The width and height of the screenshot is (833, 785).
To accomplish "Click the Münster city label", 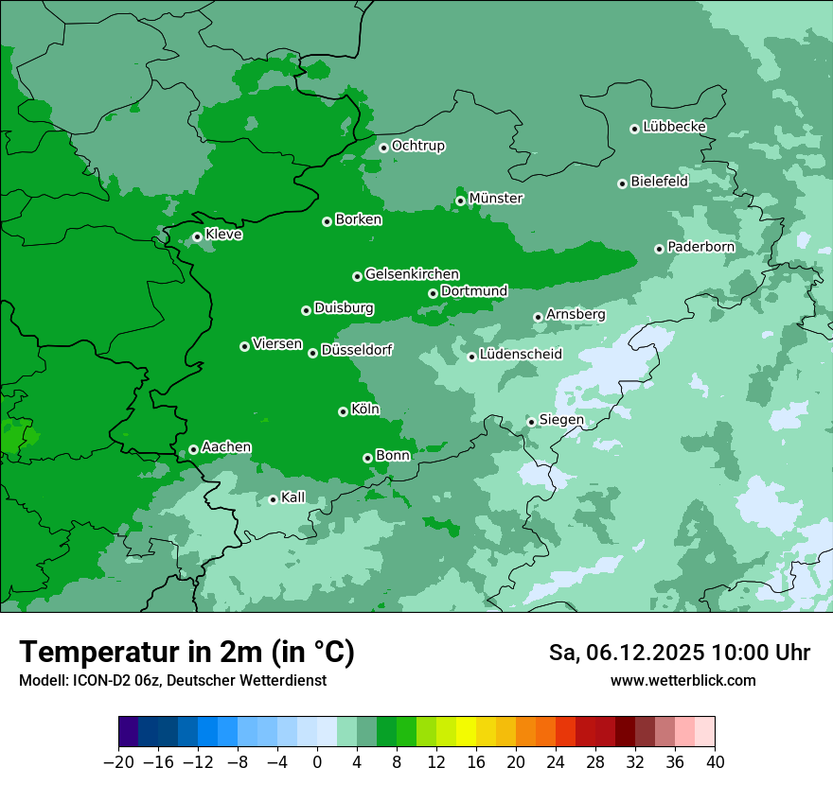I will coord(495,199).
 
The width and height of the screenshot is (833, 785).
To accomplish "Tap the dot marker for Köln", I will coord(343,411).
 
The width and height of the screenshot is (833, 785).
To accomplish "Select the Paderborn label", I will coord(700,247).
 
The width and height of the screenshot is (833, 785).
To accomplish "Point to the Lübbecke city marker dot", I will coord(634,129).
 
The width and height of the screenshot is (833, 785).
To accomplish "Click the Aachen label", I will coord(226,447).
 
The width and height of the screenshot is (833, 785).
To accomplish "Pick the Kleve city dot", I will coord(197,236).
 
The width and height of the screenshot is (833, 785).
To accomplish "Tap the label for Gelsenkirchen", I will coord(412,274).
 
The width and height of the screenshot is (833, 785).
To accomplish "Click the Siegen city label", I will coord(561,420).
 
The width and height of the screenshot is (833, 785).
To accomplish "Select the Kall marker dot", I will coord(273,499).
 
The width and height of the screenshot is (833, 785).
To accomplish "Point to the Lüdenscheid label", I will coord(521,355).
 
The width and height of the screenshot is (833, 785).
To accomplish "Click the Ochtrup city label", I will coord(417,146).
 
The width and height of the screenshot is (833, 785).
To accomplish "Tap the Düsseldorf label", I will coord(356,351).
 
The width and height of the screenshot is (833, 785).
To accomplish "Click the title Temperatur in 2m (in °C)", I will coord(186,652).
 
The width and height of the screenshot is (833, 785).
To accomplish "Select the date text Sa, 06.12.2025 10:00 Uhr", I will coord(679,653).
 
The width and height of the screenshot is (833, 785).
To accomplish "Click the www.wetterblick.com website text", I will coord(682,680).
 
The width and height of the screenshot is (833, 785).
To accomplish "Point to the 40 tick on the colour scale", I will coord(715,762).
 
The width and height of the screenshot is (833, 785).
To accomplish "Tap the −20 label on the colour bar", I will coord(118,762).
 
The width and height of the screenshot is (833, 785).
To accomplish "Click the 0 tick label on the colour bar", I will coord(317,762).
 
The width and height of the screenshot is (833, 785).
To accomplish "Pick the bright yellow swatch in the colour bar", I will coord(466,732).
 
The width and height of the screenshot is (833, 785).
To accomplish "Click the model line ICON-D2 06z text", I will coord(172,680).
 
